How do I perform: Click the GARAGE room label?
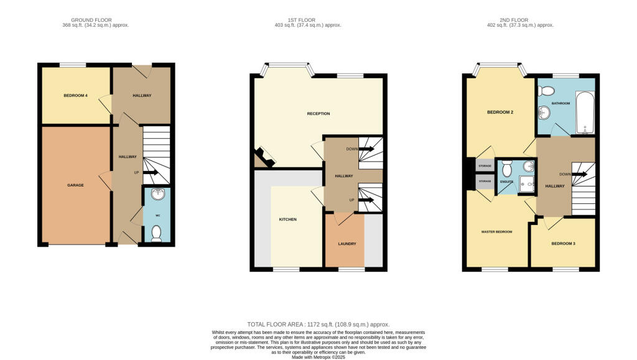pyautogui.click(x=76, y=185)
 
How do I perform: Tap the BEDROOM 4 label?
pyautogui.click(x=76, y=96)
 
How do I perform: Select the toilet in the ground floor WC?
pyautogui.click(x=156, y=233)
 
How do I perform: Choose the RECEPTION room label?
pyautogui.click(x=318, y=114)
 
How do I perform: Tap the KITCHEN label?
pyautogui.click(x=287, y=219)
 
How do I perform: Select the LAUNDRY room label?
pyautogui.click(x=346, y=244)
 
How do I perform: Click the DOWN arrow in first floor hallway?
pyautogui.click(x=366, y=149)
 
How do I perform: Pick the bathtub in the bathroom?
pyautogui.click(x=585, y=113)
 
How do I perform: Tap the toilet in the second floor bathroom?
pyautogui.click(x=546, y=91)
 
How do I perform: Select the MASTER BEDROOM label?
pyautogui.click(x=496, y=232)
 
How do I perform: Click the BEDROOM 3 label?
pyautogui.click(x=563, y=243)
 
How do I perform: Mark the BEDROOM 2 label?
pyautogui.click(x=500, y=113)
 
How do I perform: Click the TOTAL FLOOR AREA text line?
pyautogui.click(x=318, y=325)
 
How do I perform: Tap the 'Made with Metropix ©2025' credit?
pyautogui.click(x=318, y=356)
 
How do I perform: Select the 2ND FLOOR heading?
pyautogui.click(x=520, y=20)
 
